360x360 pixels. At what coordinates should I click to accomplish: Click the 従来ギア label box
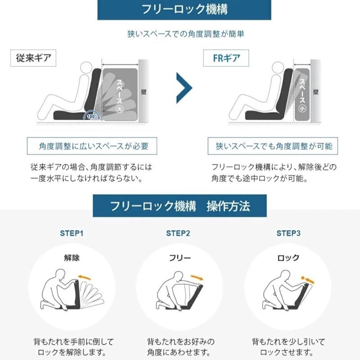33,58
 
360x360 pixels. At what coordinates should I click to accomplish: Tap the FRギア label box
226,58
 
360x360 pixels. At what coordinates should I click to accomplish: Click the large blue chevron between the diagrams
184,88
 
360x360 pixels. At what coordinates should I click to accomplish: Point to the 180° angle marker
91,116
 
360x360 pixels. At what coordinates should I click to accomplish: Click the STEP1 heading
72,233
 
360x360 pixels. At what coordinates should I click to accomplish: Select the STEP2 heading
178,233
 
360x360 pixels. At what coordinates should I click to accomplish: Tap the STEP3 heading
288,233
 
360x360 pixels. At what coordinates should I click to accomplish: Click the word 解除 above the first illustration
72,258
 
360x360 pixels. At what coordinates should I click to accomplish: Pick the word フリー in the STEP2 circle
180,258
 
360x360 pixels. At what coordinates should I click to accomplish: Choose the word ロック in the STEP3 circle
288,258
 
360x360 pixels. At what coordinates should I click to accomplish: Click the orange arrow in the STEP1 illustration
84,277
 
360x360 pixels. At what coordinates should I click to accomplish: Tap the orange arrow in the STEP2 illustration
197,278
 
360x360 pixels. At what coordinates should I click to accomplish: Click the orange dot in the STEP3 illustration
303,278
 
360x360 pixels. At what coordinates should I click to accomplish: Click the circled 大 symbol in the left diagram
119,109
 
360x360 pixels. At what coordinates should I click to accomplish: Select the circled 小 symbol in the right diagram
302,108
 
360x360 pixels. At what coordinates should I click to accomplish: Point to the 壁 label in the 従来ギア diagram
144,92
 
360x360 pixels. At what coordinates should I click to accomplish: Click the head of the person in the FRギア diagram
278,68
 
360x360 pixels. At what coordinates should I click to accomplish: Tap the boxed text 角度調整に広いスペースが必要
92,146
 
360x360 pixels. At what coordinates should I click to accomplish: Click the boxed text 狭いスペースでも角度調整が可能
273,146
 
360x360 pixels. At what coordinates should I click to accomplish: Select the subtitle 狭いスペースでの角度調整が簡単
185,34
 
